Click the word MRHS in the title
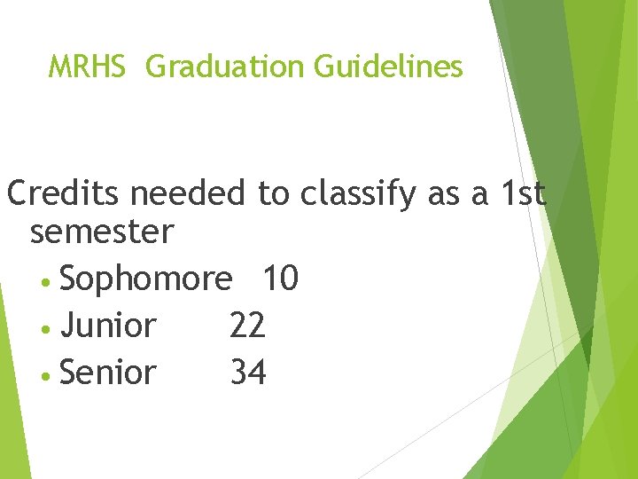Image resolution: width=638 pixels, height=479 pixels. [87, 67]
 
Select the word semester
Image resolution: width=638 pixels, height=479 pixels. [102, 232]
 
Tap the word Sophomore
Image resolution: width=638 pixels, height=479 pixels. [146, 279]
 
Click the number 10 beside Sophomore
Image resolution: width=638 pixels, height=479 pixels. [280, 279]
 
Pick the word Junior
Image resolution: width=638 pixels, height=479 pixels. [108, 326]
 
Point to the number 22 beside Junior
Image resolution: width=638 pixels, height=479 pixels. [247, 326]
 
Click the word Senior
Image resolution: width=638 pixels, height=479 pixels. [108, 373]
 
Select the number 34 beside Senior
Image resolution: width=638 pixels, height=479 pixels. [247, 373]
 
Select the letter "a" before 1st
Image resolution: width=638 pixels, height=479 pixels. [481, 195]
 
